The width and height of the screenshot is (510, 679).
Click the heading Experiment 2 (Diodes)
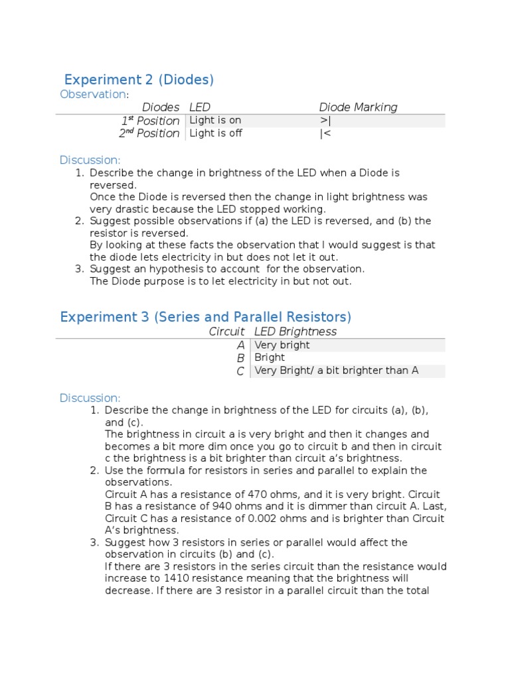(139, 80)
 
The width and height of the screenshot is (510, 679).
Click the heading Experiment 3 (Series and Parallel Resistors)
(205, 317)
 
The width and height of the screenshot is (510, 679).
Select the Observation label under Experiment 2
(92, 94)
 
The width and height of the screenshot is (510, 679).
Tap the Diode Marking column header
(358, 107)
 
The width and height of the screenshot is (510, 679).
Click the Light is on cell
(215, 121)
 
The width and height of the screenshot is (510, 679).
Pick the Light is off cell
(215, 133)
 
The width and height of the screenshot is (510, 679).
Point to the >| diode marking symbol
(325, 121)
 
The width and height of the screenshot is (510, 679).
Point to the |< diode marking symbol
(325, 133)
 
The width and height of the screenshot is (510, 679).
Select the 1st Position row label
(150, 121)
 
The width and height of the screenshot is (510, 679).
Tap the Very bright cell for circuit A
(282, 345)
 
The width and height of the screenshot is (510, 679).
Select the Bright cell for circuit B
(270, 357)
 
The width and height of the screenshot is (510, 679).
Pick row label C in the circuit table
(240, 371)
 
